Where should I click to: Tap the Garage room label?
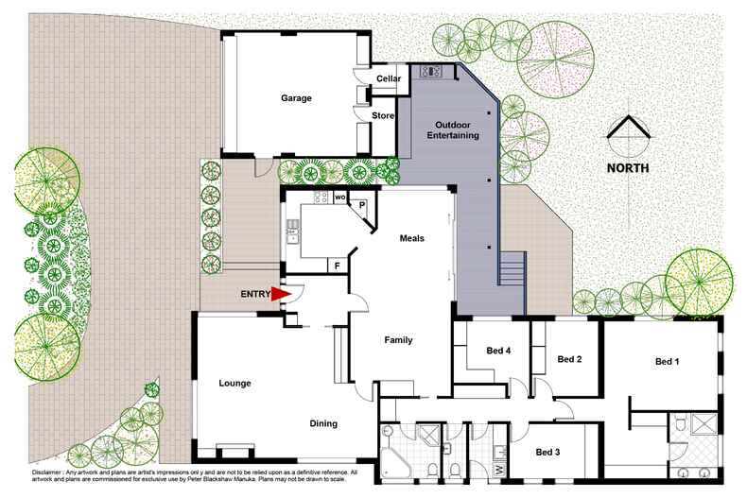295,98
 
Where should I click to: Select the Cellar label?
389,78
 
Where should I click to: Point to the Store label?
382,115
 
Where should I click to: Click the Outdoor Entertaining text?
457,130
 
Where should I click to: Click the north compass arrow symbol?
628,136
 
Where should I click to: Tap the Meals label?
411,238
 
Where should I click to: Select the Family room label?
398,339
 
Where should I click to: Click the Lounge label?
235,383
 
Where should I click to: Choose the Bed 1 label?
668,361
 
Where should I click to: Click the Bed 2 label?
569,359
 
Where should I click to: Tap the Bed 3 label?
547,453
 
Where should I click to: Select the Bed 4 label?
498,352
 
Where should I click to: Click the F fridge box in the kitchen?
336,266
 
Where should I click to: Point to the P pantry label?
361,205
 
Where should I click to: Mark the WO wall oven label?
340,197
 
